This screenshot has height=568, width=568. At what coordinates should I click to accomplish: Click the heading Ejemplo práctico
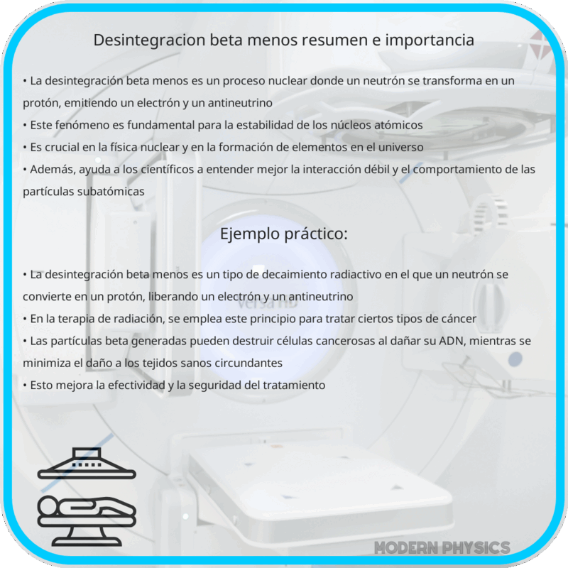point(284,234)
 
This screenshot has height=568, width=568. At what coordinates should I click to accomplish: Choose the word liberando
point(162,296)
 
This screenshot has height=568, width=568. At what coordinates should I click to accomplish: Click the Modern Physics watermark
point(442,547)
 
